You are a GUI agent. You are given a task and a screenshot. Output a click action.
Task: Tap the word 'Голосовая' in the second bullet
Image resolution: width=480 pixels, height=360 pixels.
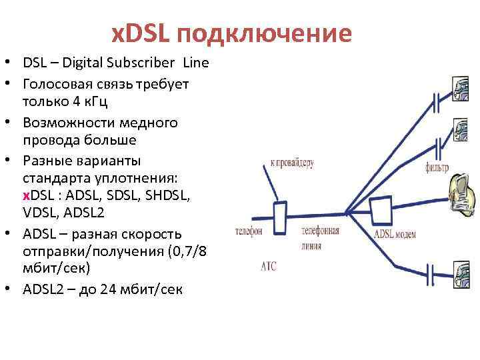pos(56,84)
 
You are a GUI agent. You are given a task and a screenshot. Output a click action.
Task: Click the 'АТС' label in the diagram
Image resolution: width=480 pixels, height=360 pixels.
pos(267,267)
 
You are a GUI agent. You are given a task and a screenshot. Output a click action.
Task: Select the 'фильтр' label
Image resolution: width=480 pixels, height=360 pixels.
pos(437,167)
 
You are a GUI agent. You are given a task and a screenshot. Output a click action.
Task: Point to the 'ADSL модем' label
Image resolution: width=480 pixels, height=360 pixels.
pos(396,235)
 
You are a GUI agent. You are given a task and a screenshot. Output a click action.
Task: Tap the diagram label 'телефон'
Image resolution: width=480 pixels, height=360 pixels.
pos(249,232)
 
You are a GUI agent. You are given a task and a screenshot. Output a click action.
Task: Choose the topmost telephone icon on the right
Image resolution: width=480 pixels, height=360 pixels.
pos(461,89)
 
